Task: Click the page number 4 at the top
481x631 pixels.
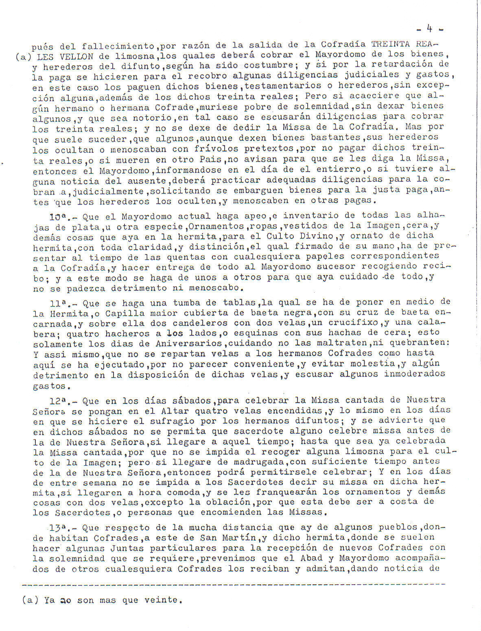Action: click(429, 28)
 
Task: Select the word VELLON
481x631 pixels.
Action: click(77, 57)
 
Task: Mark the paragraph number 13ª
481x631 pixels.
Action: click(58, 528)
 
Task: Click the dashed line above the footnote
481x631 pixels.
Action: click(232, 584)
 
